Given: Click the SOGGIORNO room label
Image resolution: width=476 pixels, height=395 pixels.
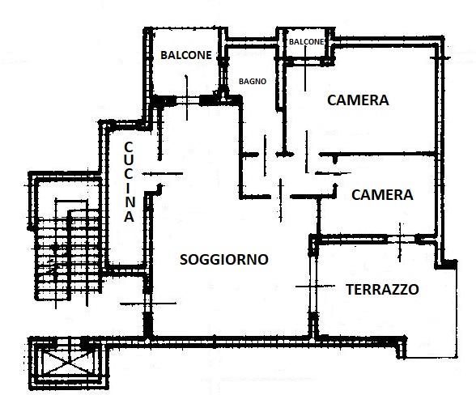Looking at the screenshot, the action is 224,260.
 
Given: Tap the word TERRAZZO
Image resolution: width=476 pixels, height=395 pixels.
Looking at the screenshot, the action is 382,289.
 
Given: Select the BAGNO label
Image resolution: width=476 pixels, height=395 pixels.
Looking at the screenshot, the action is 253,82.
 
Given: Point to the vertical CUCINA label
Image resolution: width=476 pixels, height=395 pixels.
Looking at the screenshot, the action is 129,182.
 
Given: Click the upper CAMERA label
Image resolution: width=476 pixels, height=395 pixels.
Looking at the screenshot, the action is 358,100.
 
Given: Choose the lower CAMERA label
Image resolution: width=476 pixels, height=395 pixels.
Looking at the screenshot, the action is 382,194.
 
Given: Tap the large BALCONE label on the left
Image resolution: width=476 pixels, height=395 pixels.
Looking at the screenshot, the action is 186,55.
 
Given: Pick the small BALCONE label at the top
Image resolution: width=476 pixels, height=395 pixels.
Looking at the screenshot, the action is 306,41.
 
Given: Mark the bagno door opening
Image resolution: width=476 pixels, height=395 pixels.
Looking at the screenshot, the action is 265,155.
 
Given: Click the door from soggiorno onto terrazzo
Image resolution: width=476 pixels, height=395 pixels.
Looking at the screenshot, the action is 314,287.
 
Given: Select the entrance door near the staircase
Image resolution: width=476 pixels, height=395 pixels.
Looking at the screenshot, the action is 148,304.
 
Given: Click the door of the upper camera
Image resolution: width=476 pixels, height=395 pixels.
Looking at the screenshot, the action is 307,152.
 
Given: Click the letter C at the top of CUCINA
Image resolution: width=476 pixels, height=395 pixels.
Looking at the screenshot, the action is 129,147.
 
